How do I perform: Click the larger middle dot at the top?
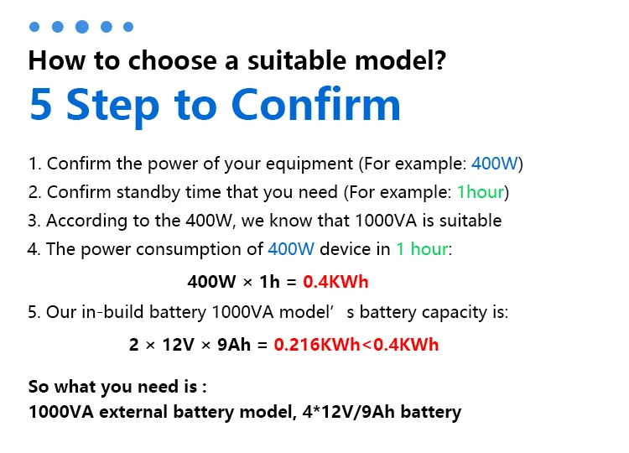click(82, 27)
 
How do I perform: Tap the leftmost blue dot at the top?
click(34, 27)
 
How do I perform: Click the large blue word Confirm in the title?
click(315, 105)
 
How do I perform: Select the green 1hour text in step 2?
click(481, 192)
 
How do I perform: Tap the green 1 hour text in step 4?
click(422, 249)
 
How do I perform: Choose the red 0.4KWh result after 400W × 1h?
click(336, 281)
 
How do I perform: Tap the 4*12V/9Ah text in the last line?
click(353, 412)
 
